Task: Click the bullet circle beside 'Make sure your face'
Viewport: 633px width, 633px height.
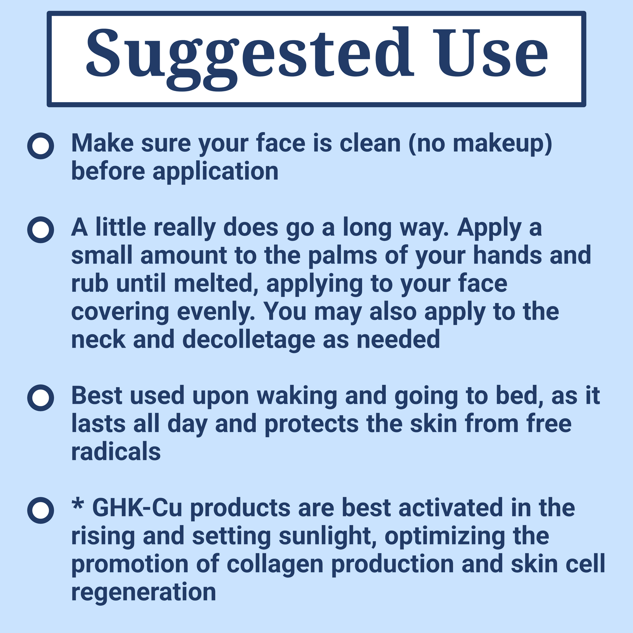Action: point(41,146)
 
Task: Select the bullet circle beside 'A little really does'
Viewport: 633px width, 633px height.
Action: point(41,230)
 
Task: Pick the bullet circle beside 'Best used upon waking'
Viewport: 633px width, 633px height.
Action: point(41,397)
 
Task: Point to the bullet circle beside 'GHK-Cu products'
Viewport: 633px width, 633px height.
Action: point(41,510)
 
